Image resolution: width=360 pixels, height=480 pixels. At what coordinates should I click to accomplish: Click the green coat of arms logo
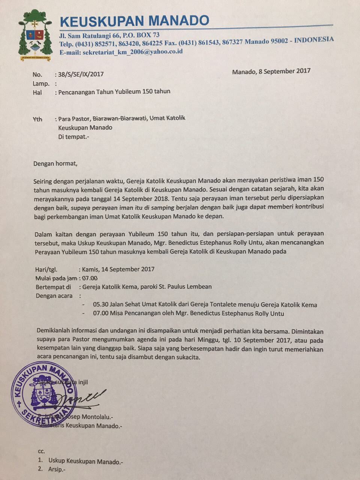[35, 36]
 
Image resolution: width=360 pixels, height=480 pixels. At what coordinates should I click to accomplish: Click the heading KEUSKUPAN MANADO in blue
[134, 21]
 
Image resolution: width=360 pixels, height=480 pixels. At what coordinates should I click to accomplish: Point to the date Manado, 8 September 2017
[271, 71]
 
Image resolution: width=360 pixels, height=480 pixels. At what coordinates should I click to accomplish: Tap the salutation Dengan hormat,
[55, 163]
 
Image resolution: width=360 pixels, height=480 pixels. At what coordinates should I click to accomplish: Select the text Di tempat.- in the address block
[74, 136]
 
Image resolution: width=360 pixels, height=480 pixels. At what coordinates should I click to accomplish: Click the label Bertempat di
[53, 287]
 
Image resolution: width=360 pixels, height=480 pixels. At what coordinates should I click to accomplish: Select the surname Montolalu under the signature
[96, 417]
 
